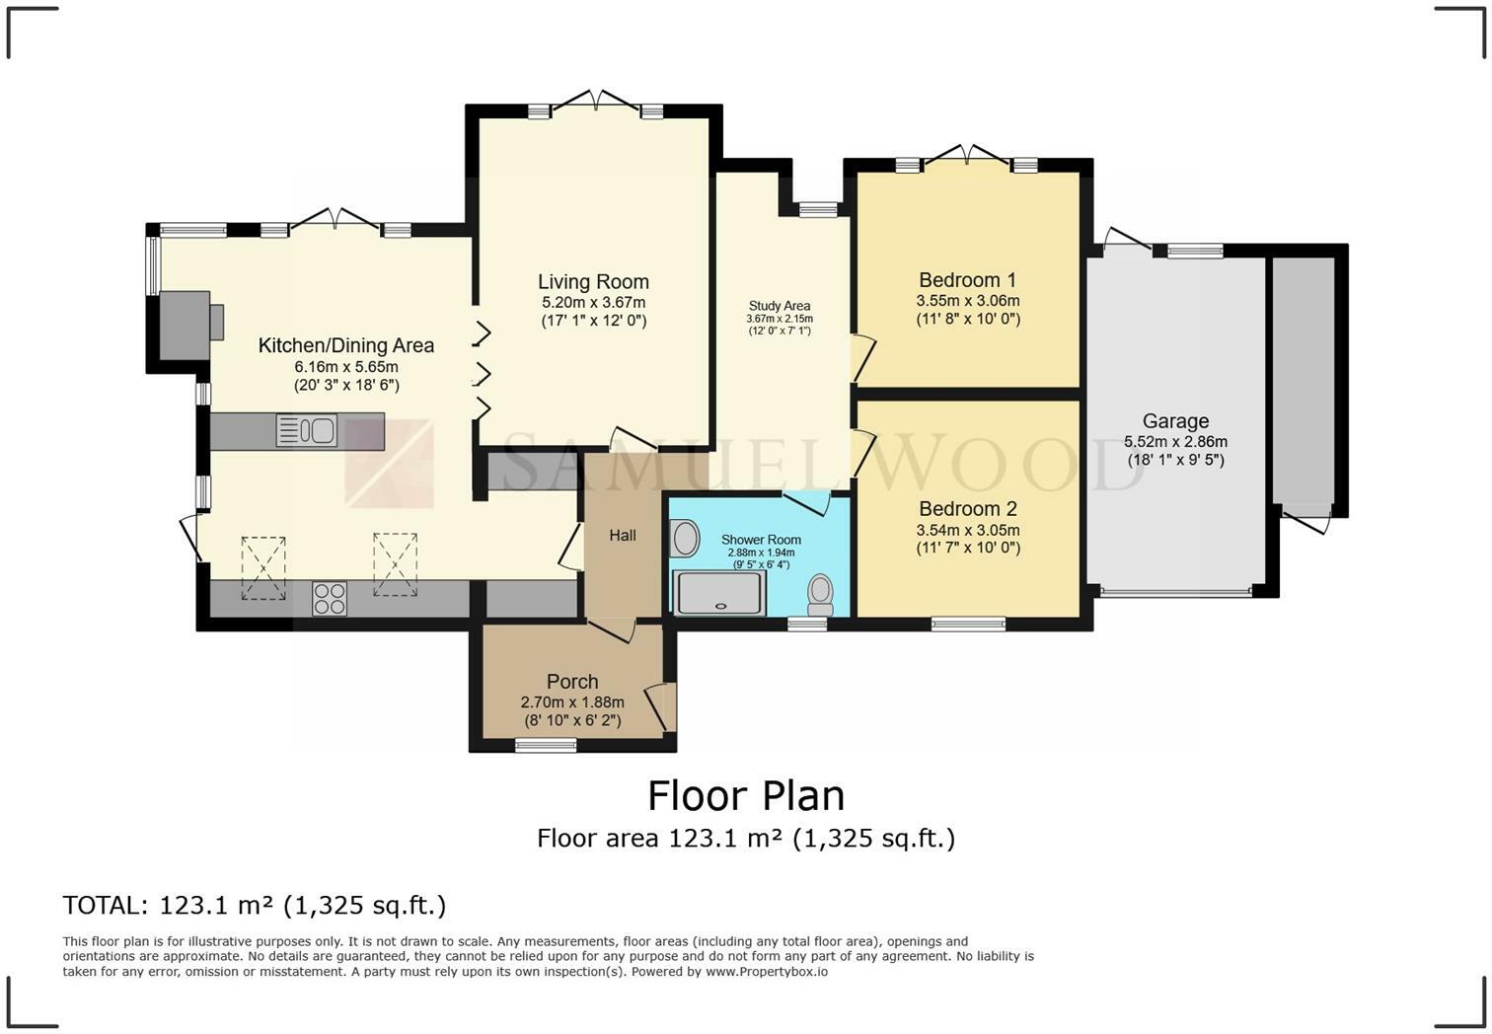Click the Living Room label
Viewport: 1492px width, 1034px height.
click(x=593, y=281)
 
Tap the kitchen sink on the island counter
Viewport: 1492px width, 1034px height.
click(x=306, y=430)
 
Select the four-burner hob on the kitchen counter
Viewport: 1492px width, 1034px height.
click(x=329, y=599)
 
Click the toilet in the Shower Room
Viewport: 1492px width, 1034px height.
click(x=821, y=595)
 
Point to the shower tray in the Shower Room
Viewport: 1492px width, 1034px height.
click(x=719, y=593)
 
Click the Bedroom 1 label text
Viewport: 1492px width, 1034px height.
click(x=968, y=279)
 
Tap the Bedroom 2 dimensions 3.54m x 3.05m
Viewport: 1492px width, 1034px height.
click(x=968, y=530)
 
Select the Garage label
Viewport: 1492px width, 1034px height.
click(x=1175, y=421)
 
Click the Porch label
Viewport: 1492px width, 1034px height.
click(x=572, y=681)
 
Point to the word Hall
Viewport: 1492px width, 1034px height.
click(x=623, y=536)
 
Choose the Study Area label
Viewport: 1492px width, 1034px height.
click(x=780, y=306)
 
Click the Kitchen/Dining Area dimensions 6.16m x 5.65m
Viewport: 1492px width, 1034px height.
click(x=346, y=367)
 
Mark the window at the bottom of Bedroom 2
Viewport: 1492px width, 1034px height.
click(x=968, y=624)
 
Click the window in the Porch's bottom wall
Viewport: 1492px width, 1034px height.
click(x=546, y=745)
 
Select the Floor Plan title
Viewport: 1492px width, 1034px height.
click(x=746, y=795)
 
